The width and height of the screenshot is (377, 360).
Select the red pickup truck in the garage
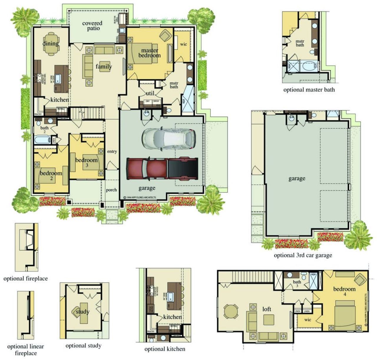click(162, 169)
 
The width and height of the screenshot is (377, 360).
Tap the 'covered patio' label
click(92, 26)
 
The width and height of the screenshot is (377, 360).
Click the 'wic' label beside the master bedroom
click(183, 44)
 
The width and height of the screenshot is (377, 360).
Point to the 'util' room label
click(150, 93)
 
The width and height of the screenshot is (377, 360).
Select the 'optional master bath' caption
click(309, 90)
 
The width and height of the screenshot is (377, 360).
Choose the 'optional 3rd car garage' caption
click(303, 255)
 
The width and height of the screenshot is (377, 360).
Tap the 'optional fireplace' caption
click(26, 279)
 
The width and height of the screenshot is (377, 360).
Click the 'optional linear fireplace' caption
click(26, 350)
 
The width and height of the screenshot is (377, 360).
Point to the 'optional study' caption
click(83, 346)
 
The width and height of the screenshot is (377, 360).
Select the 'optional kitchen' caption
click(165, 349)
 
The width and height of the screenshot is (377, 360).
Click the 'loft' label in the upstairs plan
click(267, 309)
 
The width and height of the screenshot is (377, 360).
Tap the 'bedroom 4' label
click(344, 291)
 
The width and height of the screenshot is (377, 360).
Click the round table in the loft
click(230, 311)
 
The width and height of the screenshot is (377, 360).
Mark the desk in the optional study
click(82, 312)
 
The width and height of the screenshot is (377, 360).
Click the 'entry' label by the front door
click(112, 152)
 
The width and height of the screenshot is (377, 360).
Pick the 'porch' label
click(111, 190)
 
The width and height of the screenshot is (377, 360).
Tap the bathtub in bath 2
click(42, 140)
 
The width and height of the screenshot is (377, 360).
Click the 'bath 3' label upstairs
click(297, 284)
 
